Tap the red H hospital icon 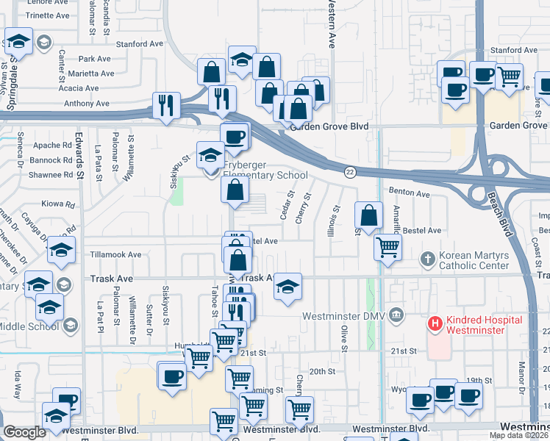(x=435, y=323)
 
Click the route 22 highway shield (x=350, y=172)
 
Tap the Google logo (x=24, y=432)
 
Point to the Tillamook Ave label (x=115, y=254)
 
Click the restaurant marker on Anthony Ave (x=166, y=104)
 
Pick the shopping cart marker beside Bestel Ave (x=387, y=247)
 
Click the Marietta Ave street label (x=92, y=73)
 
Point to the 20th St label (x=322, y=371)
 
